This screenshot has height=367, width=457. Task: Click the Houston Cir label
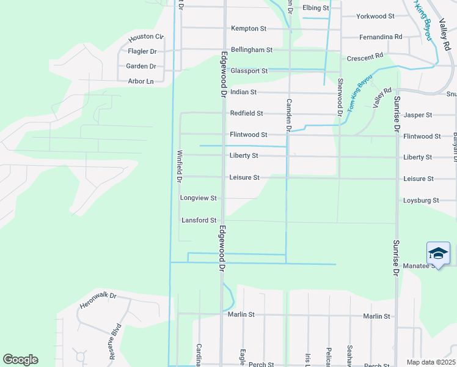click(146, 37)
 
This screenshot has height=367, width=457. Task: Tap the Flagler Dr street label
click(142, 51)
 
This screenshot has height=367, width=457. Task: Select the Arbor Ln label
click(141, 81)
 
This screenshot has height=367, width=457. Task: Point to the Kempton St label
click(248, 29)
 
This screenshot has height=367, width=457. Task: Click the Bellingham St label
click(251, 50)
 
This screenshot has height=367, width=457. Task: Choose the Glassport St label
click(249, 71)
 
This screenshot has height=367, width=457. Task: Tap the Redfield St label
click(246, 113)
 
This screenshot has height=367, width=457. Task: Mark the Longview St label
click(199, 198)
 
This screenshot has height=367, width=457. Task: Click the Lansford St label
click(199, 220)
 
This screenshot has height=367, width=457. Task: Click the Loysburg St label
click(421, 200)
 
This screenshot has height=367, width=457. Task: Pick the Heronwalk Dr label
click(98, 300)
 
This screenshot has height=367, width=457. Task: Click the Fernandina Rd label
click(381, 37)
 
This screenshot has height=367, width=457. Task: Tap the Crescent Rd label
click(365, 56)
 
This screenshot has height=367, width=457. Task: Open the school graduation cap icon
click(438, 253)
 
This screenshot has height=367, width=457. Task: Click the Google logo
click(20, 360)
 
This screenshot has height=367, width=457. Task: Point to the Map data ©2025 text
click(430, 362)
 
